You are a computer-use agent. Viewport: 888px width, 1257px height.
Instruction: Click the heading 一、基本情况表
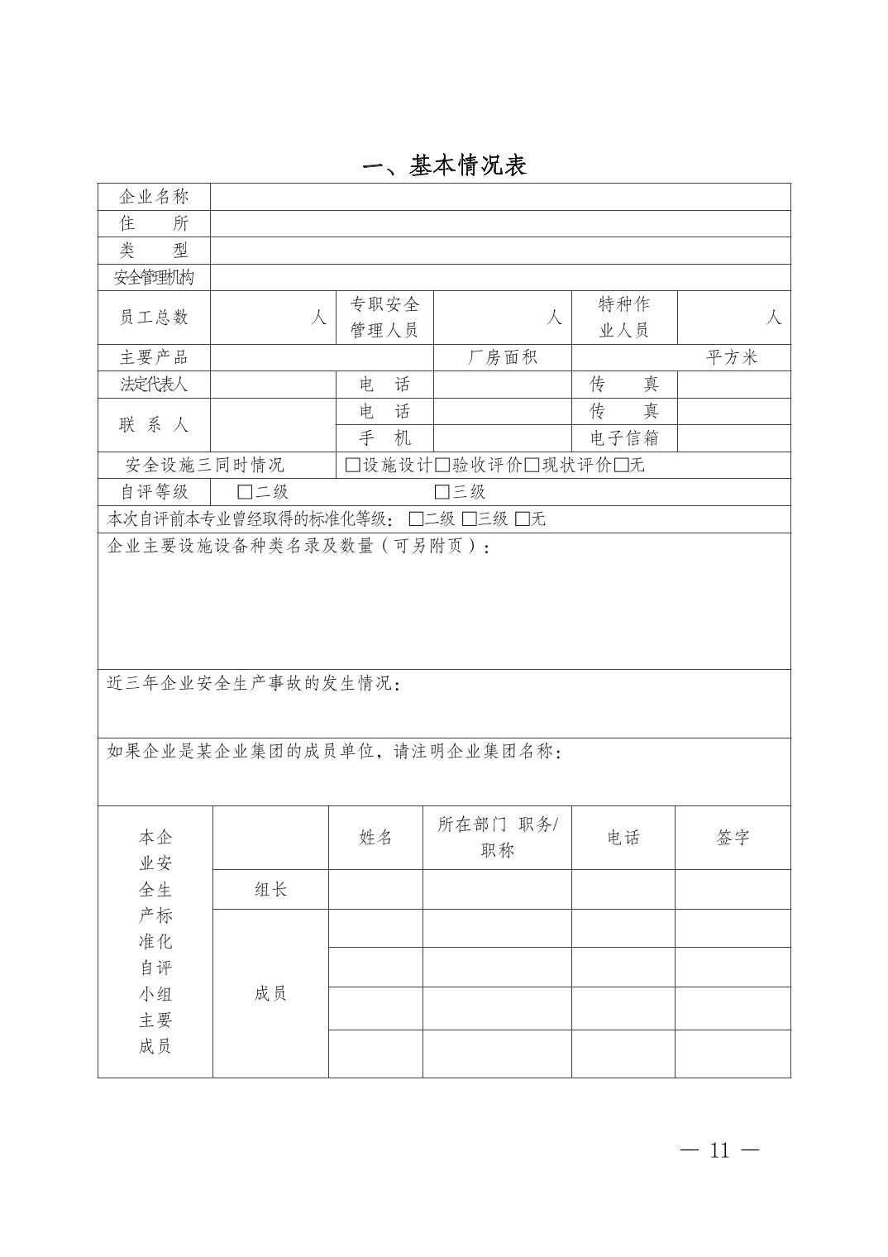[x=444, y=165]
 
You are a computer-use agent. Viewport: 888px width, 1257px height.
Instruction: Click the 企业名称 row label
[x=154, y=197]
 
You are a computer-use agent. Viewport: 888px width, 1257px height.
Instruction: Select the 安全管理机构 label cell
[x=154, y=277]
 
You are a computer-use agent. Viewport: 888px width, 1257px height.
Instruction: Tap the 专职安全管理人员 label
[x=384, y=318]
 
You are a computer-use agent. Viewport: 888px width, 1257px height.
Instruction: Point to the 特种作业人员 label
[x=623, y=318]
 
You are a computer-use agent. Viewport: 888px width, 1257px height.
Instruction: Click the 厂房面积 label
[x=503, y=357]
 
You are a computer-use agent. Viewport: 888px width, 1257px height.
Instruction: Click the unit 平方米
[x=732, y=357]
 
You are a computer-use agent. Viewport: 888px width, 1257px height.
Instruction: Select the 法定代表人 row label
[x=154, y=385]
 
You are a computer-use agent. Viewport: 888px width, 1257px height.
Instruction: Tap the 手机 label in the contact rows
[x=384, y=438]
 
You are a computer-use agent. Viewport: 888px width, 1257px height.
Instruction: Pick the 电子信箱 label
[x=623, y=438]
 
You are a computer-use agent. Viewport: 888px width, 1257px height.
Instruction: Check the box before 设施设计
[x=353, y=465]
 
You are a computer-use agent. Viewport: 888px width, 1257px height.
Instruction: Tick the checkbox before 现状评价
[x=532, y=465]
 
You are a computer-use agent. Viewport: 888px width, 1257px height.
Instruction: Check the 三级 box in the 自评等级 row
[x=442, y=492]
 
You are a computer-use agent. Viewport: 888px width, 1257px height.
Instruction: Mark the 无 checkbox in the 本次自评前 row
[x=523, y=519]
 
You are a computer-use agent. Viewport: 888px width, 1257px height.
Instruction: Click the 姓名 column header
[x=375, y=838]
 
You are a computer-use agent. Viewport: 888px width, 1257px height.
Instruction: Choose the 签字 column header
[x=733, y=838]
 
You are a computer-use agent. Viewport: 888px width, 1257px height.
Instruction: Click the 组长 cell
[x=270, y=890]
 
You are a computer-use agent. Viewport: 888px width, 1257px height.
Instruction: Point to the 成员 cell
[x=270, y=993]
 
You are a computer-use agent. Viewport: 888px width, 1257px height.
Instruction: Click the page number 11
[x=719, y=1150]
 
